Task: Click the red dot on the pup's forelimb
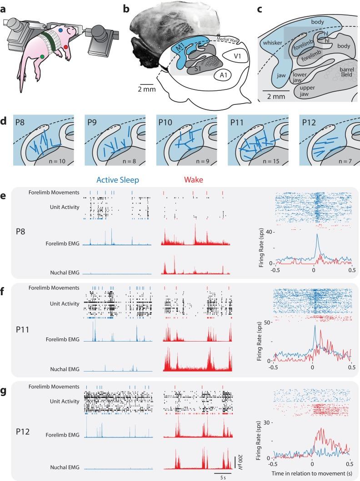[x=66, y=47]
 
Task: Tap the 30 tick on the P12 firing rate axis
[x=268, y=422]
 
